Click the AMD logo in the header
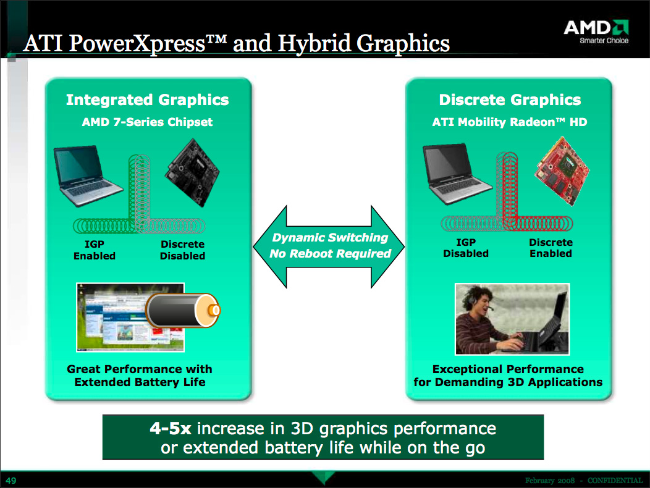pos(596,31)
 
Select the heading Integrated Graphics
pos(147,100)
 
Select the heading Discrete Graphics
pos(510,100)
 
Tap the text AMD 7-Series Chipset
pos(147,122)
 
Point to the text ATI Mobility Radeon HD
pos(510,122)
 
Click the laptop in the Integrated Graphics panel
pos(88,175)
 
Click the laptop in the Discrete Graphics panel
pos(457,174)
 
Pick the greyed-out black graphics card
pos(192,173)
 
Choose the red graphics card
pos(562,171)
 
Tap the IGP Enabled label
pos(95,250)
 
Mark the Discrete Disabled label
pos(182,250)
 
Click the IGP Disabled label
pos(465,248)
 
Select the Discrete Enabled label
pos(551,248)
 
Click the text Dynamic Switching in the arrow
pos(330,238)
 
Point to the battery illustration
pos(183,310)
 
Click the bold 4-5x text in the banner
pos(171,428)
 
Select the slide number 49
pos(11,481)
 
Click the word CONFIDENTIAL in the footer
pos(615,481)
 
